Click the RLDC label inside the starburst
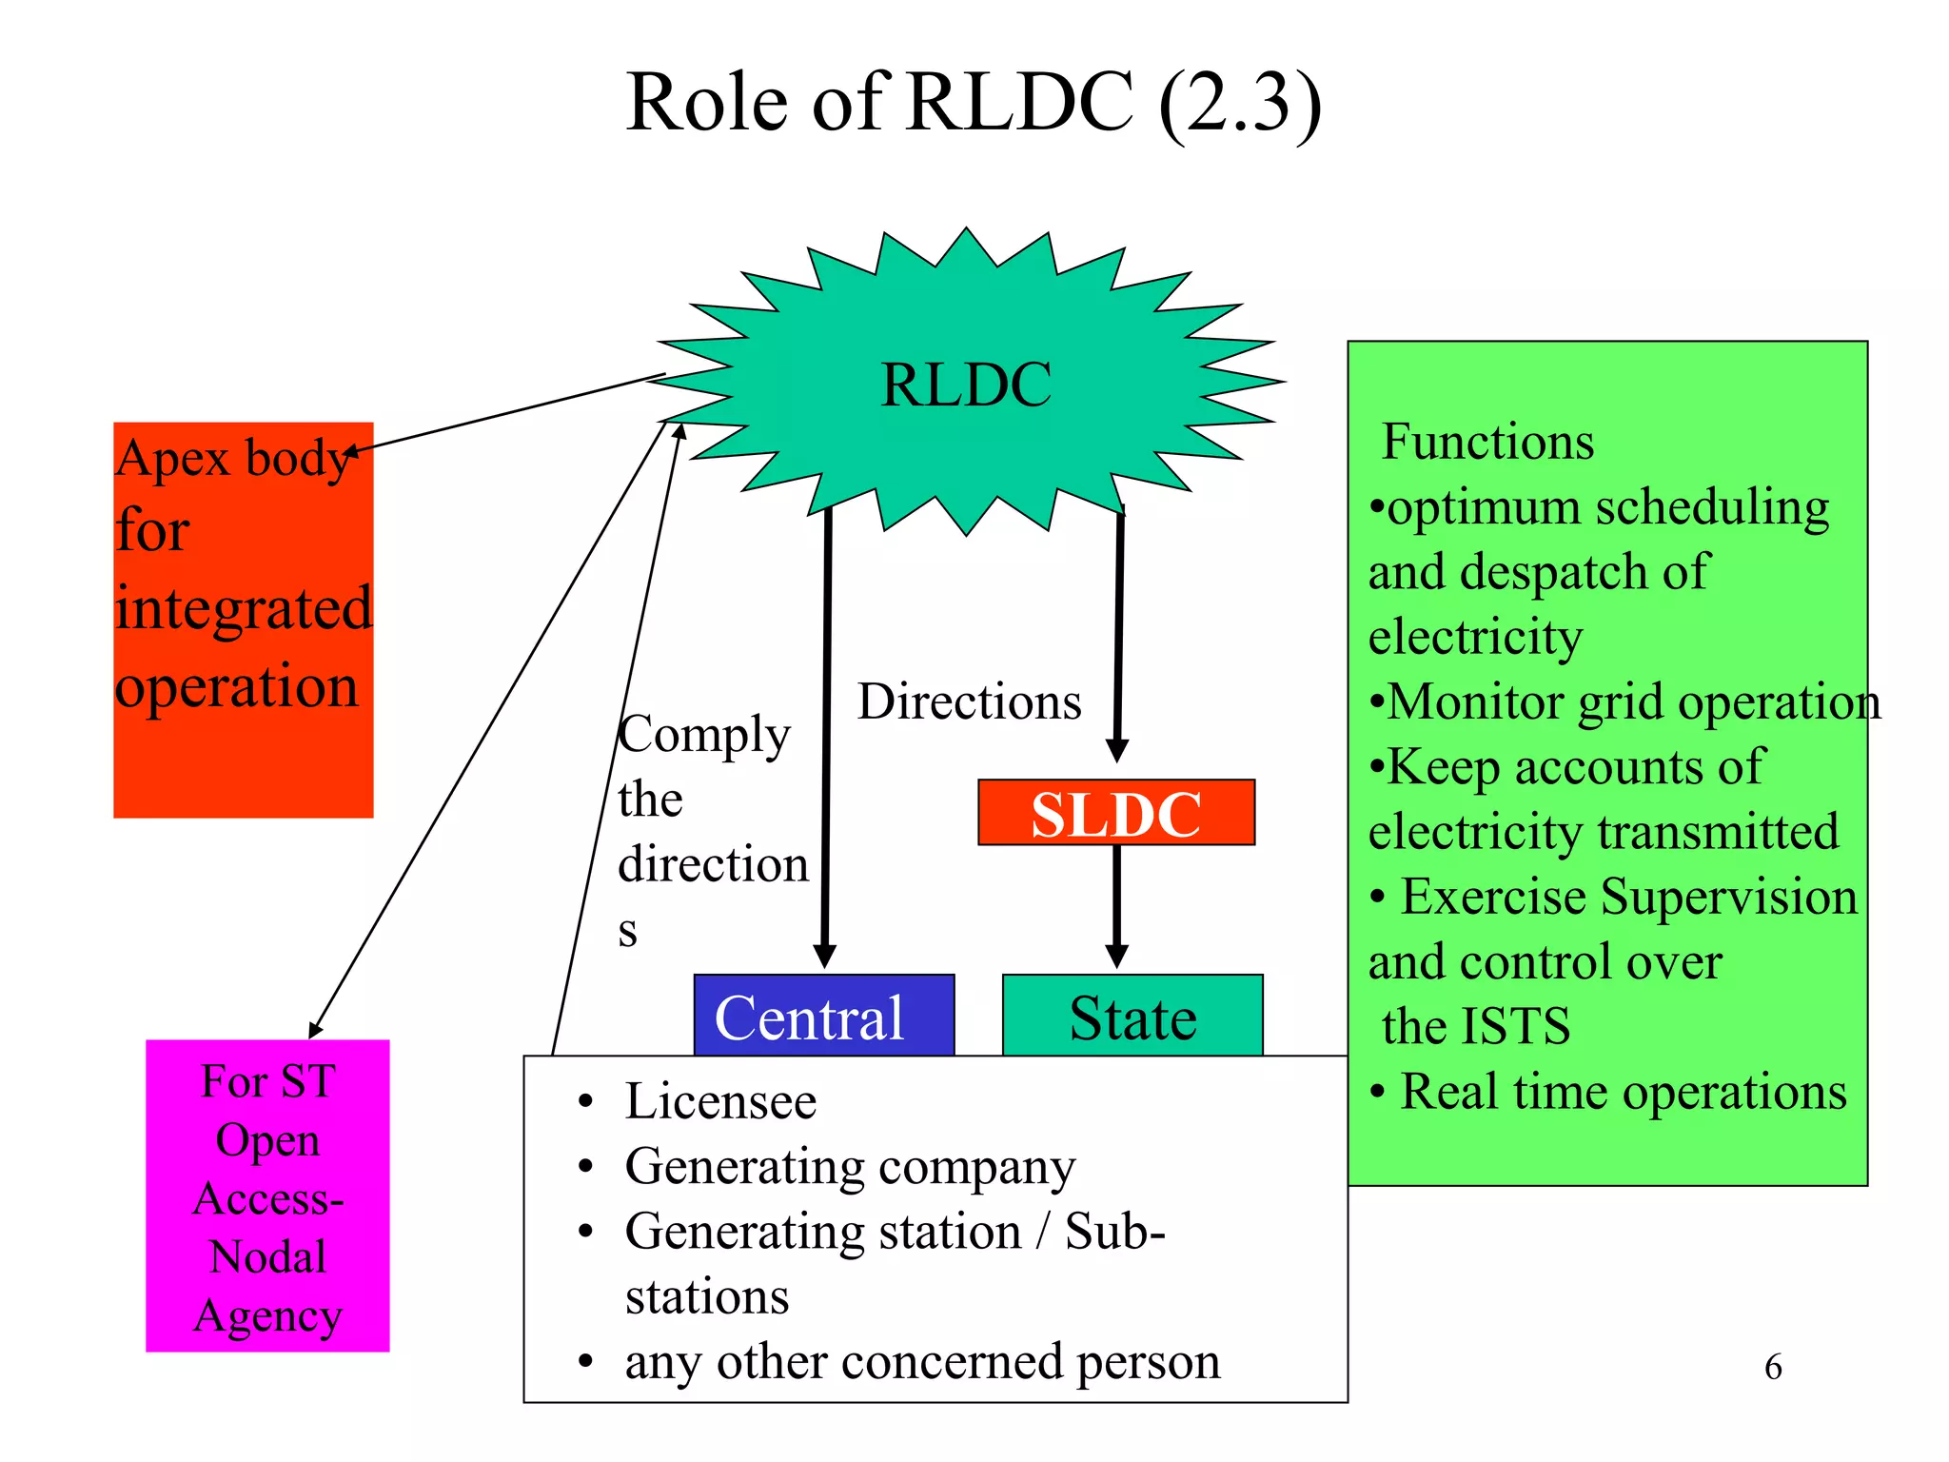coord(965,385)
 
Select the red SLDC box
coord(1115,813)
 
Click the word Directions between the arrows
coord(969,701)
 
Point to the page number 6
coord(1772,1367)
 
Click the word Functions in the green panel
coord(1487,442)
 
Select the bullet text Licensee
coord(720,1101)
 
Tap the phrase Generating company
coord(850,1166)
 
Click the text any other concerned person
coord(922,1361)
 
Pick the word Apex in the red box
coord(174,458)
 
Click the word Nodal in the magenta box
coord(267,1256)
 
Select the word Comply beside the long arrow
coord(704,735)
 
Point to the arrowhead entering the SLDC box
coord(1117,751)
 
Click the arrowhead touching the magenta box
coord(316,1030)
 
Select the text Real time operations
coord(1623,1092)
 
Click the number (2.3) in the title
coord(1240,103)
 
